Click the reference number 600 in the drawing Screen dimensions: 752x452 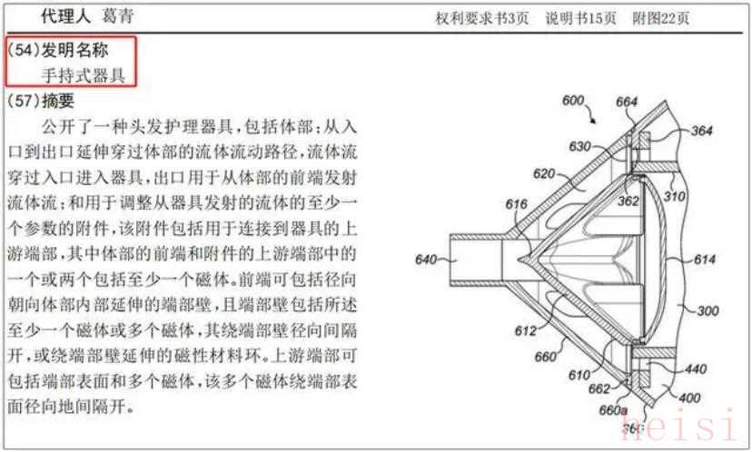[574, 101]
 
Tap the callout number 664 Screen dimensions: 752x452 [627, 102]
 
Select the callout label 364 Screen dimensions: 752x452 [701, 131]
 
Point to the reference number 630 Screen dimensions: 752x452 [579, 146]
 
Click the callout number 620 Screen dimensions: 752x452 [544, 173]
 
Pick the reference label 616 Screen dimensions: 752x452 [516, 204]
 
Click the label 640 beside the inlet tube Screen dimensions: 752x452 [426, 260]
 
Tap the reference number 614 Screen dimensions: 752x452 [705, 260]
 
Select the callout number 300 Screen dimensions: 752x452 [707, 311]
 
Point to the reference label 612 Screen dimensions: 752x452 [525, 330]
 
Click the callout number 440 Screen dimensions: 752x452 [696, 369]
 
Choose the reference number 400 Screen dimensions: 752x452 [689, 398]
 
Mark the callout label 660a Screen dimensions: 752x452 [613, 411]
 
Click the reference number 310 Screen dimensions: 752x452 [674, 197]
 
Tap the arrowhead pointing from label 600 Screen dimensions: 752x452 [594, 121]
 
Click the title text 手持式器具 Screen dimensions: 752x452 [83, 75]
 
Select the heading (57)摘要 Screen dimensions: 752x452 [41, 101]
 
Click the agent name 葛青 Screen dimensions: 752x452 [117, 16]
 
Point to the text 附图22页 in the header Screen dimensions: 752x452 [661, 18]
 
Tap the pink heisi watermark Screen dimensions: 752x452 [679, 424]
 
